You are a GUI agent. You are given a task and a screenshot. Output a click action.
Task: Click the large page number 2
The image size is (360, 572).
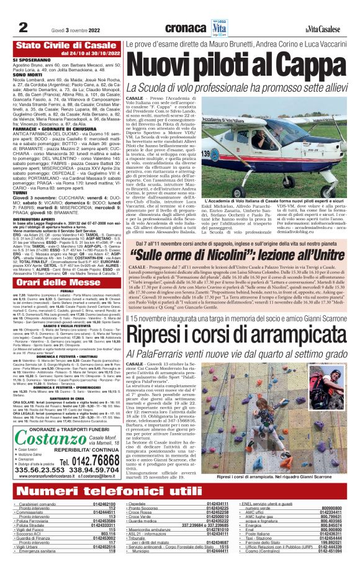pos(22,27)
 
